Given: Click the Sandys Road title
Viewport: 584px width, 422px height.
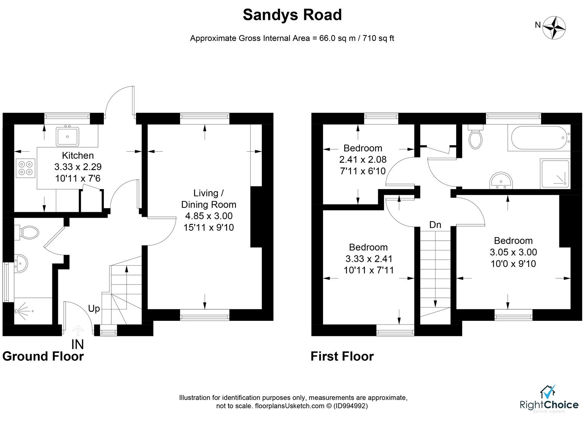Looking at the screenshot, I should click(292, 15).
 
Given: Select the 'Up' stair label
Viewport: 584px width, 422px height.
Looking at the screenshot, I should click(94, 309).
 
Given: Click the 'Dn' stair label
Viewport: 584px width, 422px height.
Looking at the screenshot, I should click(435, 225).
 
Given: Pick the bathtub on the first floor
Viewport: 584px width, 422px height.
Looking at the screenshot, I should click(538, 138).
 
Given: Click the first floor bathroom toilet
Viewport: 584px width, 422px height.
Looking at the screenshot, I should click(475, 138).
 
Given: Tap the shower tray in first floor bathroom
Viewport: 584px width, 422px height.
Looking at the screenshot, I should click(555, 173).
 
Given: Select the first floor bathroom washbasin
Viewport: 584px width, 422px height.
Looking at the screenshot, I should click(500, 181).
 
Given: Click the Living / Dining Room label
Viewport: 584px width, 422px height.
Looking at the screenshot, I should click(209, 199).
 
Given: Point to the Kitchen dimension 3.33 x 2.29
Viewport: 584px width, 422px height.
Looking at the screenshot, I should click(78, 167).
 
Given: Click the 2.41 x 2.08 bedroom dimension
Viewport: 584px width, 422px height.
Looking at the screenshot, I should click(363, 159).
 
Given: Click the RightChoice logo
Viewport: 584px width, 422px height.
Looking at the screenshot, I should click(548, 399).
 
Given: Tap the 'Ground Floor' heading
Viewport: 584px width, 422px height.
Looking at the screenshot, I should click(43, 356).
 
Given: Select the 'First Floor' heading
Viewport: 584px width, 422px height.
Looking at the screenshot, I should click(342, 356).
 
